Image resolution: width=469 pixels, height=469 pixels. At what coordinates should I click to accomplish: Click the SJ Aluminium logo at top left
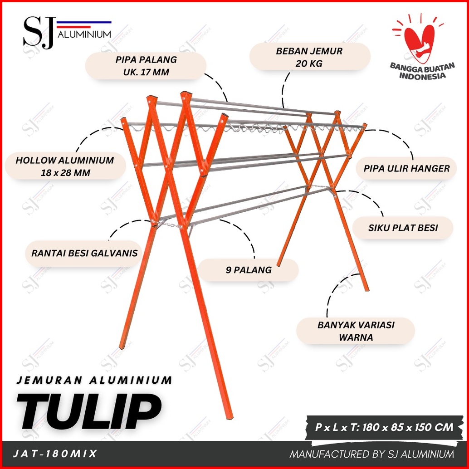tap(67, 32)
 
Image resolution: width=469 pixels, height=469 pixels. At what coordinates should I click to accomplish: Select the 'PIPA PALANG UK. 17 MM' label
tap(146, 66)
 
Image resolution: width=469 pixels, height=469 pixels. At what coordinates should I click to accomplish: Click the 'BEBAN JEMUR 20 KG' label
tap(309, 57)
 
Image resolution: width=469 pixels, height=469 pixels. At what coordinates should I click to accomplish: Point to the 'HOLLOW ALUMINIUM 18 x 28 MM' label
tap(65, 166)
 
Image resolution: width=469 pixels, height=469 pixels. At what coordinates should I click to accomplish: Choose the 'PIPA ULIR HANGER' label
tap(406, 168)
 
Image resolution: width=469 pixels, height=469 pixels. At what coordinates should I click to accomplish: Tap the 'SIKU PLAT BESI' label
tap(403, 228)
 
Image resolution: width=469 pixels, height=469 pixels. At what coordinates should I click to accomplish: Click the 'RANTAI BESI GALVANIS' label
tap(84, 254)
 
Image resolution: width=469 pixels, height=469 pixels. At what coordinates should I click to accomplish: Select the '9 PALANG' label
tap(249, 270)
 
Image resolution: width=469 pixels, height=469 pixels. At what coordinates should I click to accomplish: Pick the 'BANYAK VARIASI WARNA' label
tap(356, 331)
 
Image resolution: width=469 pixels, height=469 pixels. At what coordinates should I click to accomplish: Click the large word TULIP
tap(89, 411)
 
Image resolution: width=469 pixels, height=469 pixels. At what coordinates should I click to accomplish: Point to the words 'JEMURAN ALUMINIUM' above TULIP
tap(94, 380)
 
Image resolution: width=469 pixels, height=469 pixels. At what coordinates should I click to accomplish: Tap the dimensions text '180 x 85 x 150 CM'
tap(408, 427)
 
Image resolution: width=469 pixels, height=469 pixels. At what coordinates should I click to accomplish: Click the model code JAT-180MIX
tap(55, 454)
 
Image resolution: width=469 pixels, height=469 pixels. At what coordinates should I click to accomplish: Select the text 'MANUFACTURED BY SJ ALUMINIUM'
tap(371, 454)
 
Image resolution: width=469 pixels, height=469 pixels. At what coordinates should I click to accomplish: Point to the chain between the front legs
tap(170, 224)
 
